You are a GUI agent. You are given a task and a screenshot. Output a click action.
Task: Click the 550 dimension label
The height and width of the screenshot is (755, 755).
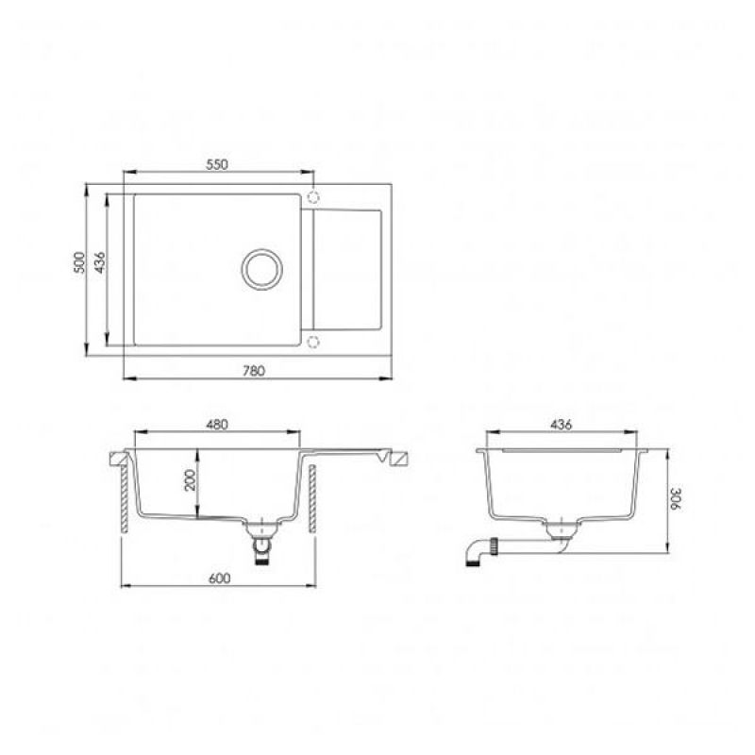click(217, 164)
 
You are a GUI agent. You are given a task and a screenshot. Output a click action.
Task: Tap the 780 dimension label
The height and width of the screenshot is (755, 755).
click(253, 371)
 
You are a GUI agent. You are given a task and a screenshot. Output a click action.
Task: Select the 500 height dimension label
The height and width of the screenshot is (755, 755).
click(79, 262)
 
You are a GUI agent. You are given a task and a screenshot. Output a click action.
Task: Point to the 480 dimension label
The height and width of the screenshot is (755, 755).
click(217, 425)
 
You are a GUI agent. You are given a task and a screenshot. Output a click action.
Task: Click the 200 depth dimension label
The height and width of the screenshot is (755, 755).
click(192, 479)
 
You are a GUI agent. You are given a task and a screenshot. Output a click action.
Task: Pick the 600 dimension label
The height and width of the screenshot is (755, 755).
click(220, 578)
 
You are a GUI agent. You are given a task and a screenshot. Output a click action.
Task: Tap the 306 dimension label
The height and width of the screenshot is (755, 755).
click(675, 500)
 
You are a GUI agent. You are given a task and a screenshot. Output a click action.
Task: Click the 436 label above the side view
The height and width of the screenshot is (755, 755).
click(561, 425)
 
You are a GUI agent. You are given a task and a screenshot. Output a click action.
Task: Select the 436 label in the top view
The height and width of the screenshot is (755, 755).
click(100, 262)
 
